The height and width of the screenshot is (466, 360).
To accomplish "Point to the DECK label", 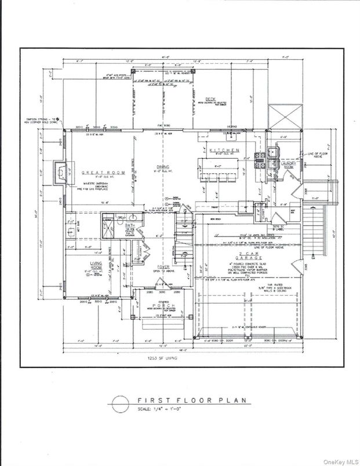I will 212,99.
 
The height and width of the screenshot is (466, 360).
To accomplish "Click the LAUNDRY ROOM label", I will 288,165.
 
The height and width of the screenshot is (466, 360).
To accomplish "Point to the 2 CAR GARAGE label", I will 246,255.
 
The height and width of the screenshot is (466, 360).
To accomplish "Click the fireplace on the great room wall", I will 60,172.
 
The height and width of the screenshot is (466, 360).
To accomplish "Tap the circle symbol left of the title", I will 119,404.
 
